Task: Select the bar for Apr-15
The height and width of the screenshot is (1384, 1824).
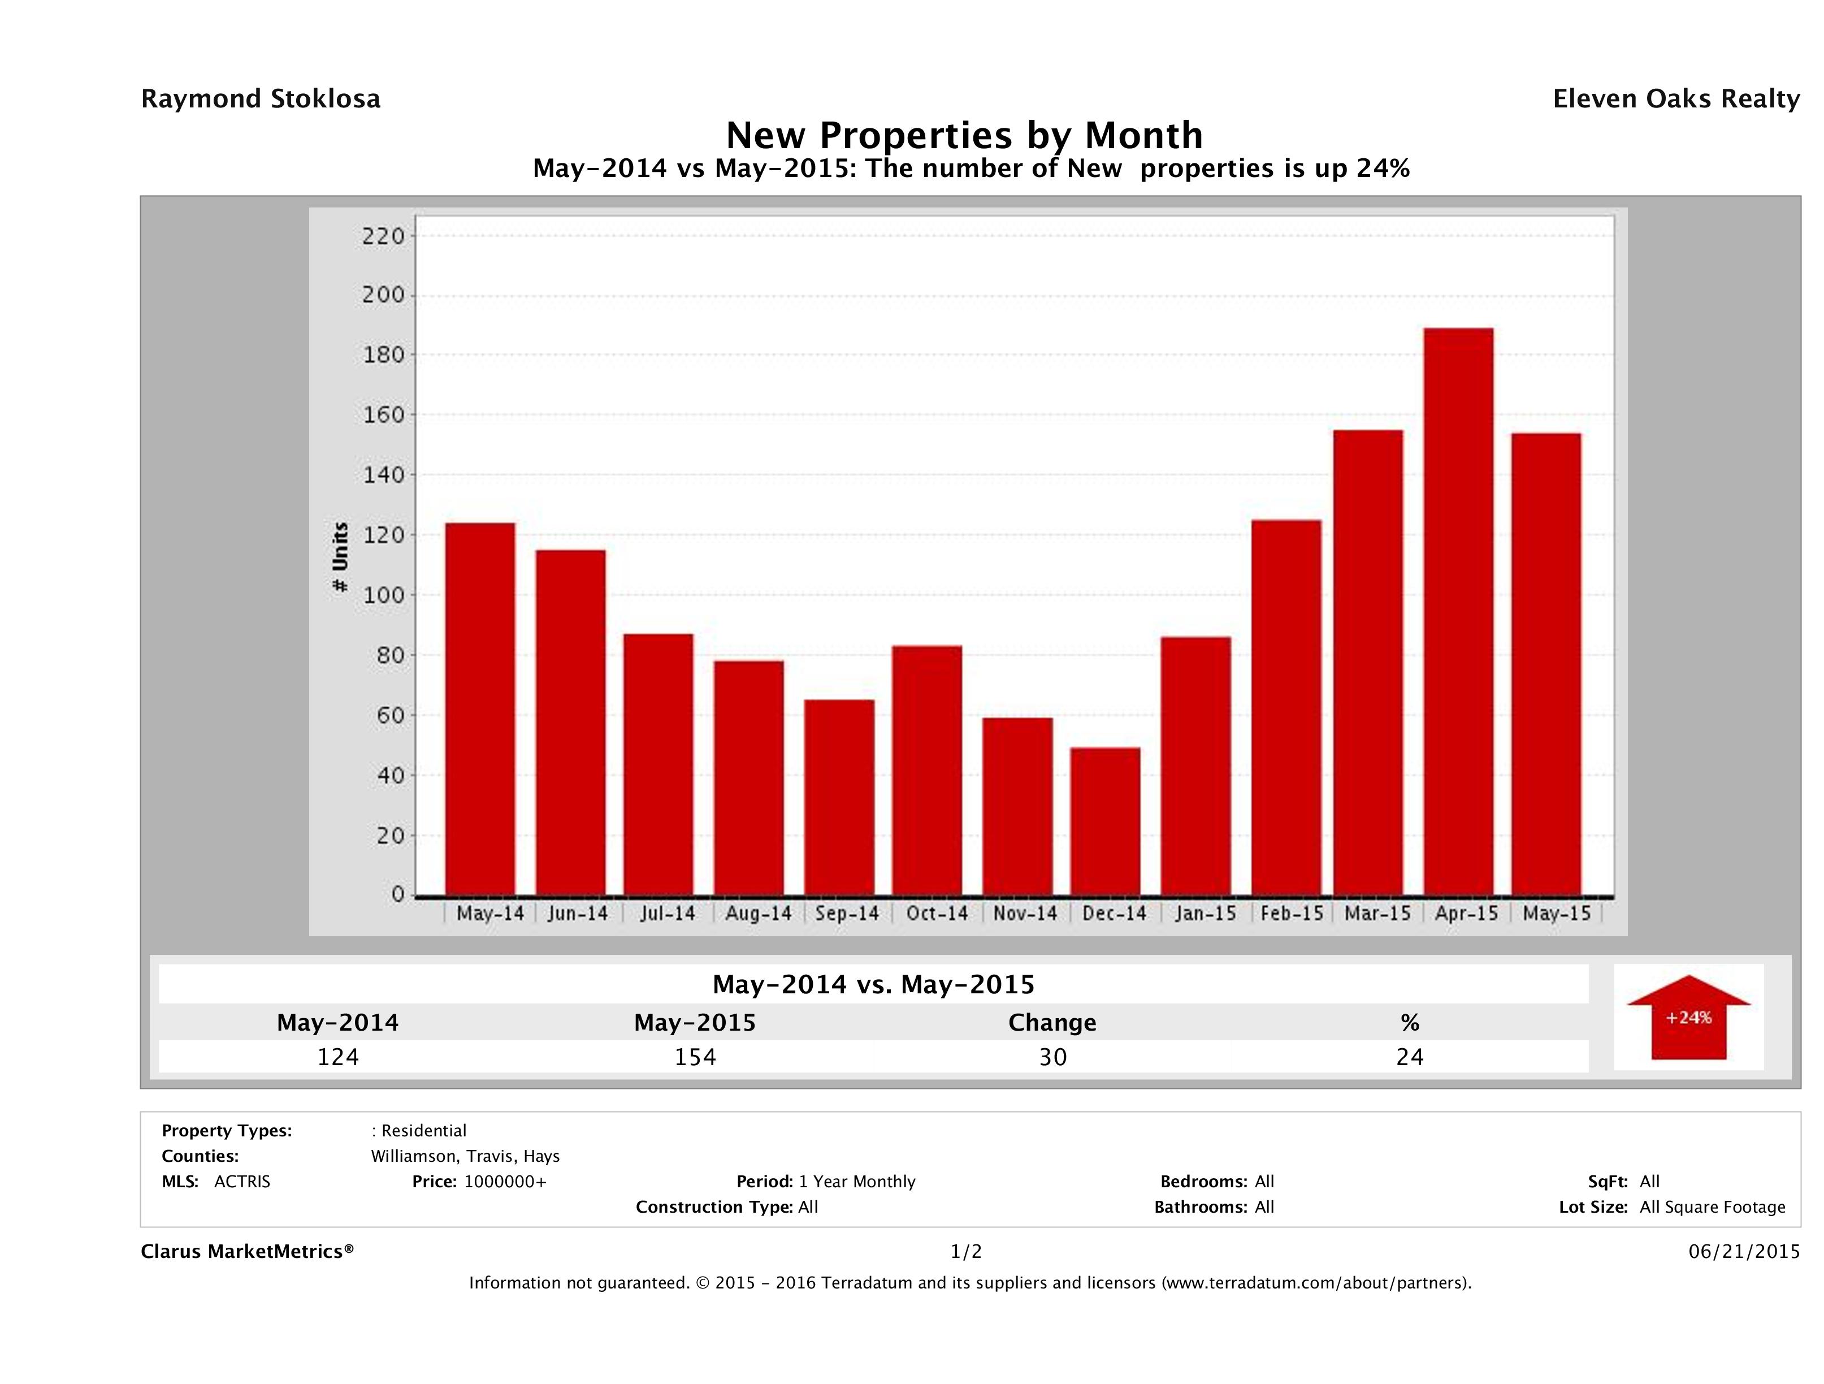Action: coord(1458,612)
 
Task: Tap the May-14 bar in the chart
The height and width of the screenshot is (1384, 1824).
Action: coord(480,710)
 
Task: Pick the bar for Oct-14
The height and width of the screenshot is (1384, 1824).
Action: coord(927,771)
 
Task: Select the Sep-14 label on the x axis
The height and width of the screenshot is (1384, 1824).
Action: coord(847,914)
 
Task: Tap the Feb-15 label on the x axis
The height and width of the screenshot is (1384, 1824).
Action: coord(1292,914)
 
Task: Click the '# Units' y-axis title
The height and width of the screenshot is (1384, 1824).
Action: coord(340,557)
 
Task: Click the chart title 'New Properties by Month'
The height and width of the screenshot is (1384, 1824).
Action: coord(964,135)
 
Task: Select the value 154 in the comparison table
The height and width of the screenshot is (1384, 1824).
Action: coord(695,1057)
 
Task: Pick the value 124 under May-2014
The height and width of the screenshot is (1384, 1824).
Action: coord(338,1057)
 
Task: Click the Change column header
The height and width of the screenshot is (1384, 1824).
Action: coord(1052,1023)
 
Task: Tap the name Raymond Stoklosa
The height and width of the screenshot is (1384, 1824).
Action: coord(261,99)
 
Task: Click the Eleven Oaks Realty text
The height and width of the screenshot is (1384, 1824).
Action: coord(1675,99)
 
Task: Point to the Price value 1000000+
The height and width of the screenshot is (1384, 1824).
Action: coord(505,1181)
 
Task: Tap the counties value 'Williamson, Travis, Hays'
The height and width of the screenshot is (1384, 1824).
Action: coord(465,1156)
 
